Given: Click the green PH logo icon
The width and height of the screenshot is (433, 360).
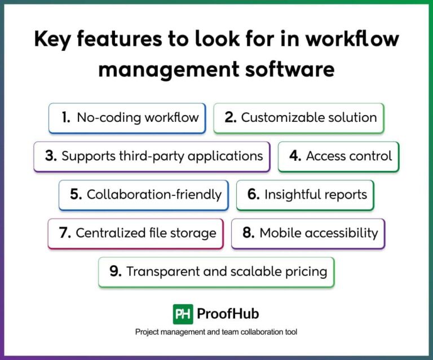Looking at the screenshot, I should (183, 314).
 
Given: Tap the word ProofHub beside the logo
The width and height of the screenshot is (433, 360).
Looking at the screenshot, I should (228, 314).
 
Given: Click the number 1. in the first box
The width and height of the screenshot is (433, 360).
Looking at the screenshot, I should (66, 117).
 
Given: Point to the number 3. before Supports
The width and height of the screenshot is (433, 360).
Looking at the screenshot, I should (51, 156).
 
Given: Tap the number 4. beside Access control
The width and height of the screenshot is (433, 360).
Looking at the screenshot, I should (295, 156).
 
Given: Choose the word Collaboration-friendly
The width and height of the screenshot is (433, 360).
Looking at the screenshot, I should (154, 195).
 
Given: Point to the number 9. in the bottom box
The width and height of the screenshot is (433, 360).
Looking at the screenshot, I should (116, 271).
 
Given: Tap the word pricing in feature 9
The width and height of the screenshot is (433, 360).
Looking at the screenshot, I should (306, 271).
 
